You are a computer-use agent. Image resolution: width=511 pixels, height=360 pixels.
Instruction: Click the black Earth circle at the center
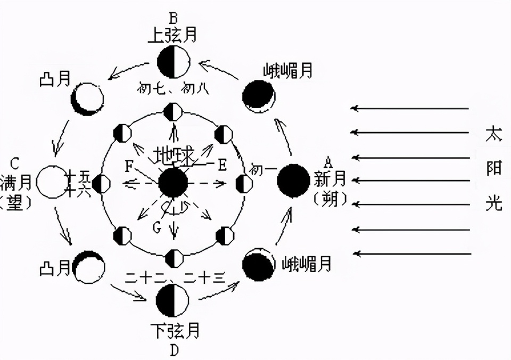tap(173, 183)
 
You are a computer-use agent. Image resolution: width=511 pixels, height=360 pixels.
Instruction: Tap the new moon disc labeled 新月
tap(293, 181)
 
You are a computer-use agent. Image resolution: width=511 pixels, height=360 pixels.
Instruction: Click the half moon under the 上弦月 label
tap(173, 61)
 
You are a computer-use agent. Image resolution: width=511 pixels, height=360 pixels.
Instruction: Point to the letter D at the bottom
tap(174, 350)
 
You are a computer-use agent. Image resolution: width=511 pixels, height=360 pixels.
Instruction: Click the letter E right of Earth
tap(222, 165)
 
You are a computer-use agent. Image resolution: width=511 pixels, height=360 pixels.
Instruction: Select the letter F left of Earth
tap(129, 166)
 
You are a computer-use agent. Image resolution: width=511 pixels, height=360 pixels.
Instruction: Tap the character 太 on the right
tap(494, 134)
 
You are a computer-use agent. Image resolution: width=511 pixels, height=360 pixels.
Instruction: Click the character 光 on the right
tap(494, 203)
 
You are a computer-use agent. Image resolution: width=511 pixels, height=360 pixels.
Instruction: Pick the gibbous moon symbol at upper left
tap(87, 99)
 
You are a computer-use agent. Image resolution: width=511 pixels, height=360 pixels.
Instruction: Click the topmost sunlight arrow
tap(410, 109)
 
